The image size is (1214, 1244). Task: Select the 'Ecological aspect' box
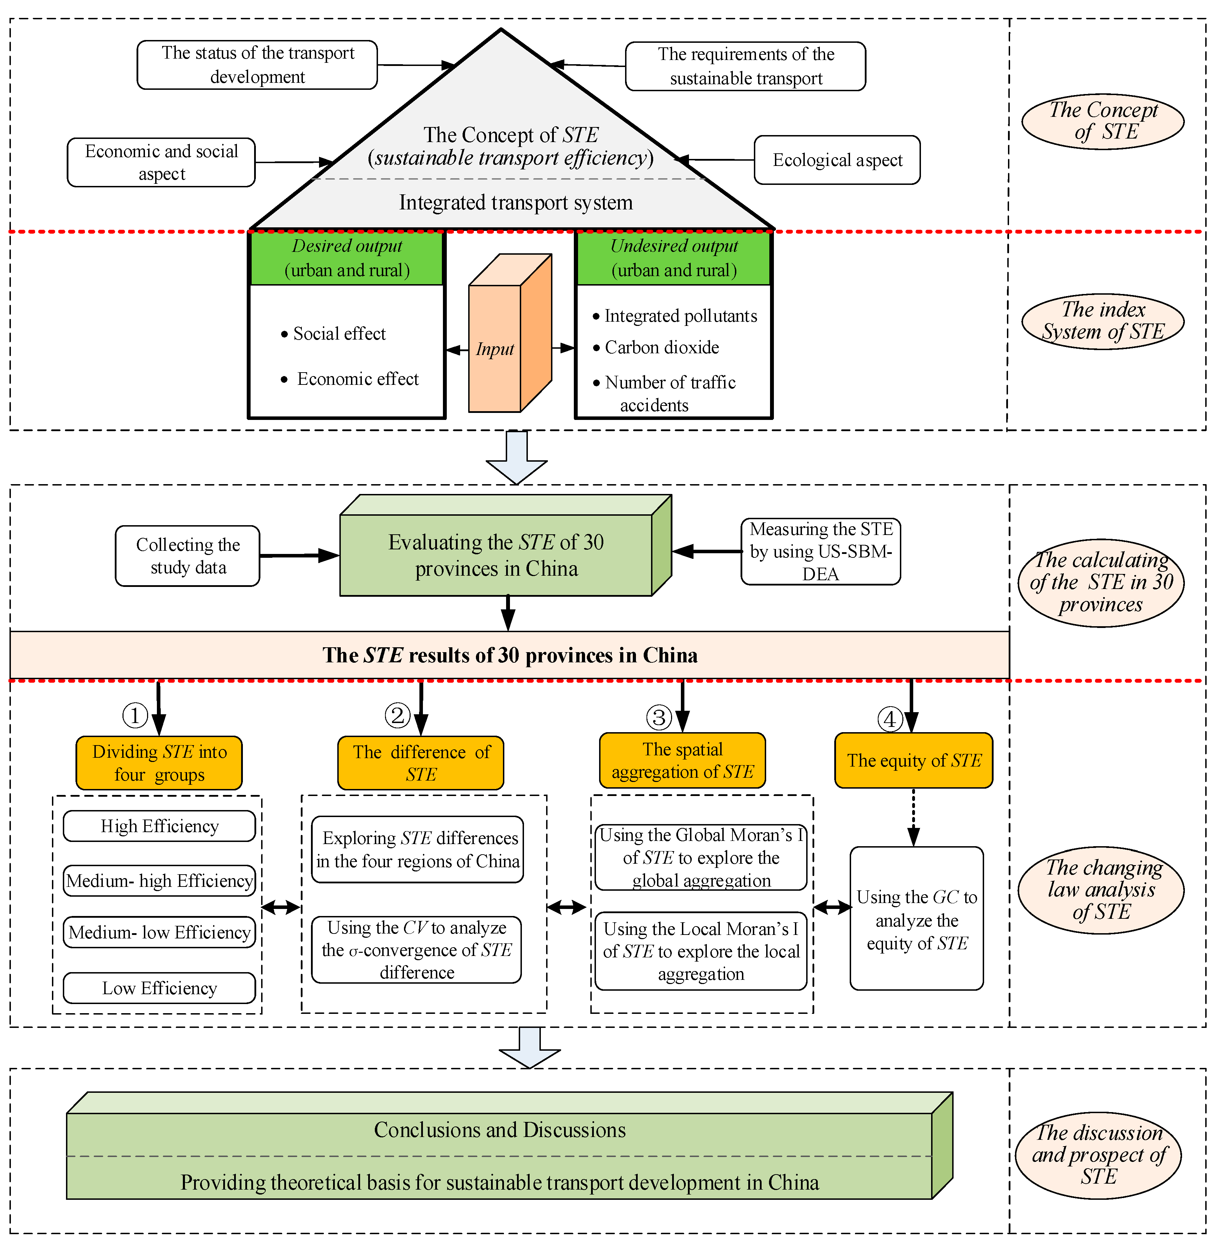[837, 160]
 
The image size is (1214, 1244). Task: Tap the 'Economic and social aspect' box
[161, 162]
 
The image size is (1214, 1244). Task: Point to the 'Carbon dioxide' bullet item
[661, 347]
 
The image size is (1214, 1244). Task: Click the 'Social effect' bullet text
[339, 334]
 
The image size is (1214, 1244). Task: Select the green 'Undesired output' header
[673, 258]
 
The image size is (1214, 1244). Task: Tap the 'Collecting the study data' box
[187, 556]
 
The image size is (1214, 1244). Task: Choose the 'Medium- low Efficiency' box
[159, 932]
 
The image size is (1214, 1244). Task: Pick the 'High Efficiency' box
[159, 826]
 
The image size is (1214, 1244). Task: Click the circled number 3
[659, 717]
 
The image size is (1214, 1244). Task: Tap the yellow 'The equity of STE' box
[913, 760]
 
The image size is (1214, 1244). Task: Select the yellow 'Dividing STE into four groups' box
[159, 763]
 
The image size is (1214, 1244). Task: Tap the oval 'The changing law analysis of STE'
[1101, 890]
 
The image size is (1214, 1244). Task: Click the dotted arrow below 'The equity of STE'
[914, 817]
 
